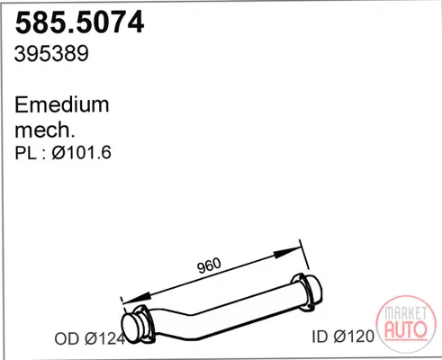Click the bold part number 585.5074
point(80,22)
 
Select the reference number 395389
point(51,54)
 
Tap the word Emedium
point(62,104)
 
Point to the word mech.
point(45,130)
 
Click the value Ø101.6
point(82,152)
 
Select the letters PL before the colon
point(26,153)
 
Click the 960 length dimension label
point(209,265)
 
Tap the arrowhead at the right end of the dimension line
point(286,253)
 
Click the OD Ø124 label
point(90,338)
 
